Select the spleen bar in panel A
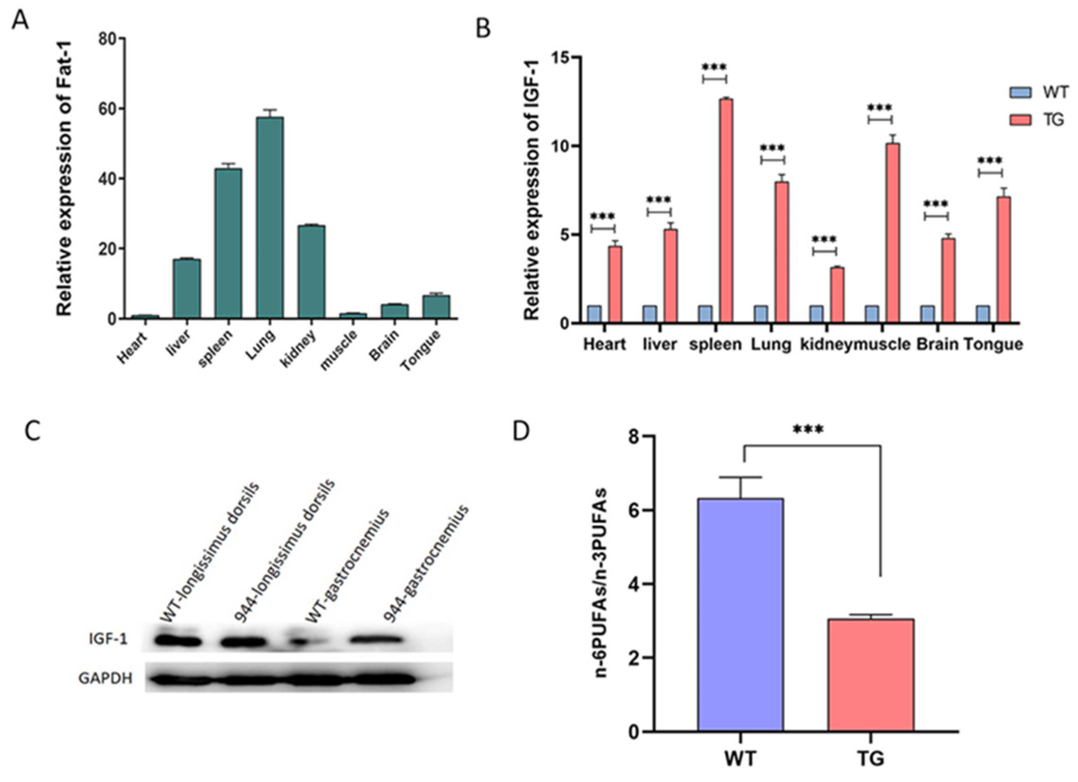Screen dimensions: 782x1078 (228, 243)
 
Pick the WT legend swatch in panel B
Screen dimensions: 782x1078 (1020, 92)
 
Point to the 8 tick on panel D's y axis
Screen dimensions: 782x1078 (632, 436)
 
